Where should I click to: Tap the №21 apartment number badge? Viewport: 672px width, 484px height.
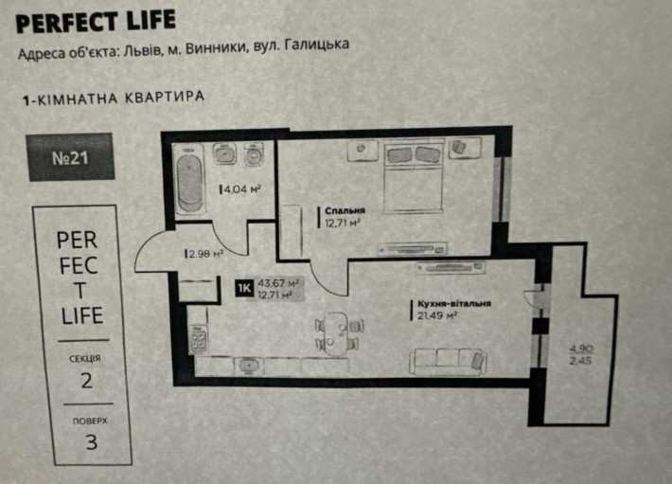click(69, 157)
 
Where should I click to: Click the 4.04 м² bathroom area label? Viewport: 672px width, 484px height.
click(242, 188)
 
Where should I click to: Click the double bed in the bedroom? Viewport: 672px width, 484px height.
click(413, 176)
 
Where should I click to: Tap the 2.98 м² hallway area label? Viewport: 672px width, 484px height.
click(204, 253)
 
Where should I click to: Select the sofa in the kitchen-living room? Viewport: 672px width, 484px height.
click(449, 359)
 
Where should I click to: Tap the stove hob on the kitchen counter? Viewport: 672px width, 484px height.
click(199, 337)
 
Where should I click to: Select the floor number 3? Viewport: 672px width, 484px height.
click(91, 440)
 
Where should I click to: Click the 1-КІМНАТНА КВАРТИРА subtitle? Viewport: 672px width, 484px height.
click(113, 98)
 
